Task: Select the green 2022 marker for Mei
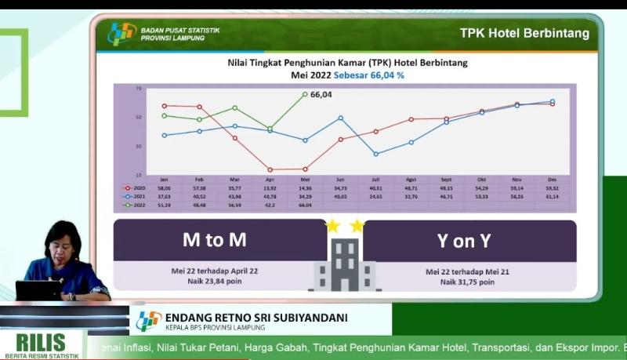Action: click(305, 94)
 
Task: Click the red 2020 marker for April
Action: click(270, 169)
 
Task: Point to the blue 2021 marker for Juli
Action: click(375, 154)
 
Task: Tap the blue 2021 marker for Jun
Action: click(340, 118)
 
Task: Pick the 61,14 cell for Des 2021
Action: click(552, 197)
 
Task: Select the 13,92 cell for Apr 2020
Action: click(270, 189)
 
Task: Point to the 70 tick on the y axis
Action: click(139, 89)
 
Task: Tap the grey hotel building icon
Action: click(344, 264)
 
